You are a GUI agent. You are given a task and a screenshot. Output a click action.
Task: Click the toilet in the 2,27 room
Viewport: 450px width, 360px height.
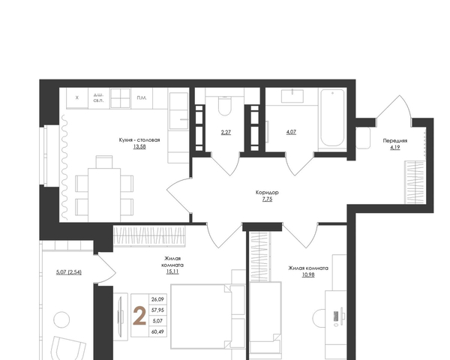coord(225,106)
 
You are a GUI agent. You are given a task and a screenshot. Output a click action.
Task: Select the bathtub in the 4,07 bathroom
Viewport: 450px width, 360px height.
coord(332,118)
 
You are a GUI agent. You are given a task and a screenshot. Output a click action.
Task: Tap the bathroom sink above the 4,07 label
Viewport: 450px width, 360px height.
coord(292,96)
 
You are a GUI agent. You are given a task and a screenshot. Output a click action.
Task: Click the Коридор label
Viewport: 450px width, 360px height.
coord(267,192)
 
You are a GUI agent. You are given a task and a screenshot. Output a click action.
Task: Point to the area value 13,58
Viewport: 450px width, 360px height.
coord(139,146)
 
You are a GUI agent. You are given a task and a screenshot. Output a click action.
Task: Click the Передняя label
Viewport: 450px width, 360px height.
coord(395,141)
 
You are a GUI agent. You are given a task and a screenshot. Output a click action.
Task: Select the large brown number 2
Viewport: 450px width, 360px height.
coord(139,316)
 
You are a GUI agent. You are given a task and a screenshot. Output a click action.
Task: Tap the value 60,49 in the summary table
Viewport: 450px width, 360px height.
coord(157,331)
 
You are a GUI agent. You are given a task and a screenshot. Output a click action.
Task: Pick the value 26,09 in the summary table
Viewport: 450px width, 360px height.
coord(157,299)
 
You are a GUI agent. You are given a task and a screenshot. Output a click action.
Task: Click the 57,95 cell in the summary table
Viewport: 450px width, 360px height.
coord(157,310)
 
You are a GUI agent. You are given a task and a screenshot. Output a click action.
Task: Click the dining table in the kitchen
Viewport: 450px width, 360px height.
coord(104,195)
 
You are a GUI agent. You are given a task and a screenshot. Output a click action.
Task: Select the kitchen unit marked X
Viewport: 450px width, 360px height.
coord(77,98)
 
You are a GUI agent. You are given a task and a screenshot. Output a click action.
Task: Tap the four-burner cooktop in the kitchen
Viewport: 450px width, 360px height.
coord(120,98)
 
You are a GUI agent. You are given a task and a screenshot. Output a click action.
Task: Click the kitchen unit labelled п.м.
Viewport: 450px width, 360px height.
coord(142,98)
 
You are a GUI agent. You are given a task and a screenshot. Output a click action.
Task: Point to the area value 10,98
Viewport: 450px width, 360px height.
coord(308,274)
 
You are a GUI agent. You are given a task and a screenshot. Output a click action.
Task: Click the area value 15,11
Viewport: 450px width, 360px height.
coord(172,271)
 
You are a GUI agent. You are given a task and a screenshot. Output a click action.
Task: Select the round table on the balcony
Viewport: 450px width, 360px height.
coord(61,319)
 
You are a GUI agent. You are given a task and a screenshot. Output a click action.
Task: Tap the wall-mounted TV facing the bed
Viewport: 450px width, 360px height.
coord(121,316)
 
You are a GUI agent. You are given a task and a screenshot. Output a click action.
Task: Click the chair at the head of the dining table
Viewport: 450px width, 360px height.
coord(104,162)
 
